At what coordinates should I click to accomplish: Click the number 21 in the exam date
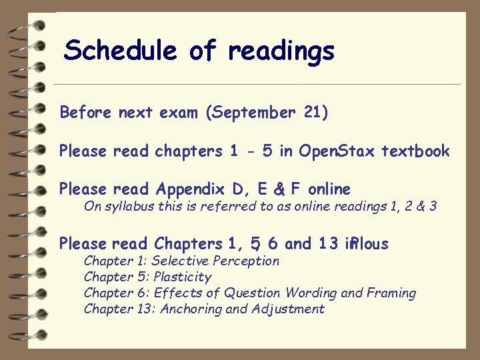click(x=313, y=113)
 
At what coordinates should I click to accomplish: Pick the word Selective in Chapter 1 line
click(x=178, y=261)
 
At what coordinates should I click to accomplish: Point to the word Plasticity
click(x=182, y=277)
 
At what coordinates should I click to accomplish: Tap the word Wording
click(x=309, y=293)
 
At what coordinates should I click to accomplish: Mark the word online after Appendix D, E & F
click(x=329, y=190)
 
